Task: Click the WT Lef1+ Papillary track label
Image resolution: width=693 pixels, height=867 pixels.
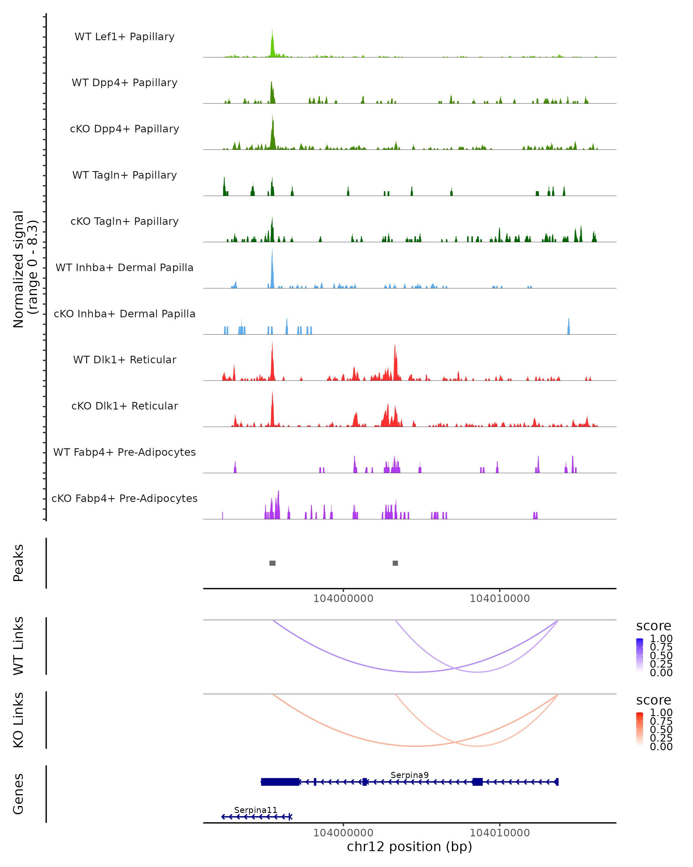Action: pos(124,37)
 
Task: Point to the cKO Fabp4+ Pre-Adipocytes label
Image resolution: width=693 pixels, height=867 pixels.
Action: pos(124,498)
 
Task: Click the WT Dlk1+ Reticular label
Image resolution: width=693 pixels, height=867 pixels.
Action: pos(124,360)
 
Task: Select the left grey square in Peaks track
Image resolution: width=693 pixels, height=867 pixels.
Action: pos(272,563)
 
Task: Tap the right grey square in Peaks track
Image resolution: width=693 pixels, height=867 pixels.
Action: pos(395,563)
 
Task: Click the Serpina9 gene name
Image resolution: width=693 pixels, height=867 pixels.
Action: pos(409,775)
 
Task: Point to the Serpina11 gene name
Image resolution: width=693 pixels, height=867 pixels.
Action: pos(256,810)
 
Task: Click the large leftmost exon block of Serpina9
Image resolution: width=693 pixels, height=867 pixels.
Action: pos(280,782)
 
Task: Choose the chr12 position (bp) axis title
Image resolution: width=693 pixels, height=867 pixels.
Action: pos(409,846)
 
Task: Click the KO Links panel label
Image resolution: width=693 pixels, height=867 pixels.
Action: pos(18,720)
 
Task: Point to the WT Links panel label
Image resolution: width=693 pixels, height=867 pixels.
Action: pos(18,646)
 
